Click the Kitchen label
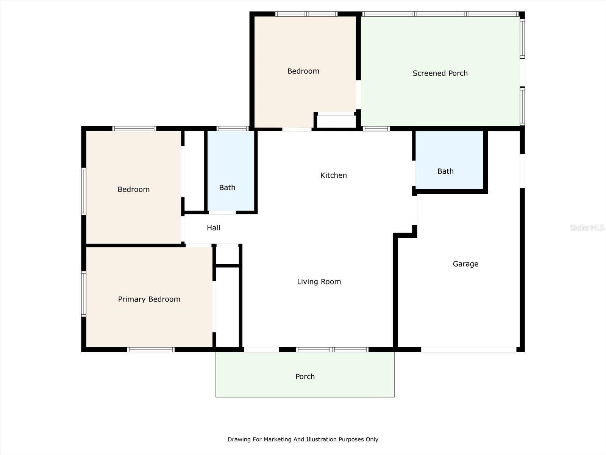[334, 176]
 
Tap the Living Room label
[319, 282]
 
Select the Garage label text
[465, 264]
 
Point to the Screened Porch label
[440, 73]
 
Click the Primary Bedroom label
[149, 299]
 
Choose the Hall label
[213, 227]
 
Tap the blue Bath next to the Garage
[449, 160]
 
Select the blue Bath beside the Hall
[231, 171]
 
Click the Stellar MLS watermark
[587, 227]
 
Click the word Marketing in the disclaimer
[278, 439]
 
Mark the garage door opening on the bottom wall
[469, 350]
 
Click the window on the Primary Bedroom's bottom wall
[151, 350]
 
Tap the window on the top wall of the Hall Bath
[233, 129]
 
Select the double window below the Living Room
[332, 350]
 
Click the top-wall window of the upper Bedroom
[306, 14]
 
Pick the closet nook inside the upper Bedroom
[336, 121]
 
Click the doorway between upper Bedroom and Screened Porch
[358, 94]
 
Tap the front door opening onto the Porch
[262, 350]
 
